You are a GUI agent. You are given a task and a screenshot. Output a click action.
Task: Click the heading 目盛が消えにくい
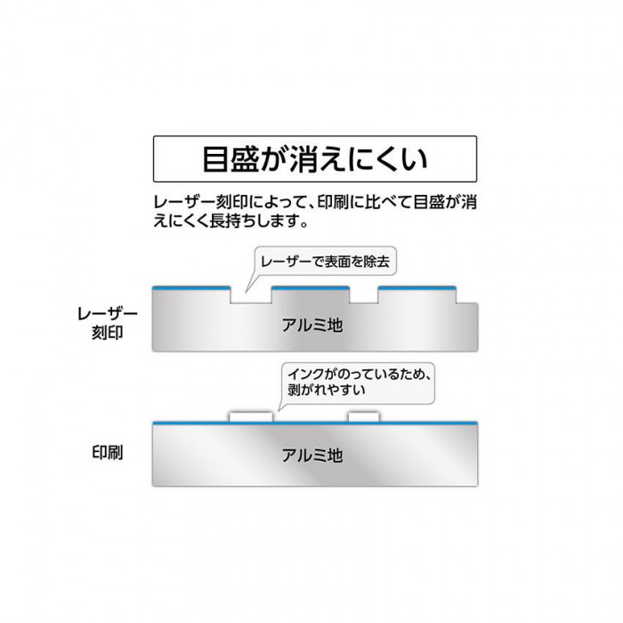tap(315, 159)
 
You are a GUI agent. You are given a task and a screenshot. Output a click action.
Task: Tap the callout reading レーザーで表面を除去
tap(326, 261)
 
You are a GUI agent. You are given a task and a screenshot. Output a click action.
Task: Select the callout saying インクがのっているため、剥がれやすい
tap(359, 383)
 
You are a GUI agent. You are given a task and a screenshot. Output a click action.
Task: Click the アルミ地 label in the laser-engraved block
tap(312, 326)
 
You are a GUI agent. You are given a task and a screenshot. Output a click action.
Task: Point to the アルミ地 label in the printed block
tap(312, 456)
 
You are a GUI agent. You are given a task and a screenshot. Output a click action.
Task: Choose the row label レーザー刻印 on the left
tap(108, 323)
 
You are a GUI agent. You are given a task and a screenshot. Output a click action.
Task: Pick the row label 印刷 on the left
tap(108, 452)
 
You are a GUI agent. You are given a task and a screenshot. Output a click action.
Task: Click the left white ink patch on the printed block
tap(251, 417)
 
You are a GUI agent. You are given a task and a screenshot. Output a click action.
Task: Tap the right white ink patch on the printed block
tap(364, 417)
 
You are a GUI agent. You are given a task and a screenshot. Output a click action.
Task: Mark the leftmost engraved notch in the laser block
tap(251, 295)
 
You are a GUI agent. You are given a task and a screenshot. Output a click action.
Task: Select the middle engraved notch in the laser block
tap(364, 295)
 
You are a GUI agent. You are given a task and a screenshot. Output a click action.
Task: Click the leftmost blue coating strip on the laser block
tap(191, 287)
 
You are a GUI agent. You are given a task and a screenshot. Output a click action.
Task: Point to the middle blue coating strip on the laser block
tap(311, 287)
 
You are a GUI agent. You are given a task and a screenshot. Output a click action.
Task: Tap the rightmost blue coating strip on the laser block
tap(417, 287)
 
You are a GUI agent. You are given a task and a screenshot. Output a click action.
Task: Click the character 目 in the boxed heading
tap(216, 159)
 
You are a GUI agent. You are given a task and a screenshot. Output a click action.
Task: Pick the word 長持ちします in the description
tap(255, 221)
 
